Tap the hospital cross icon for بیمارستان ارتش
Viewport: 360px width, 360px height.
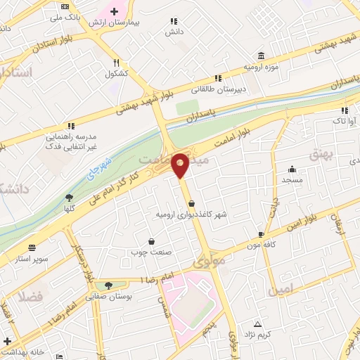[114, 11]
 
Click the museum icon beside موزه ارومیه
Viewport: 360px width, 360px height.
[262, 56]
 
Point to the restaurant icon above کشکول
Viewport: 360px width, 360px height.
[116, 62]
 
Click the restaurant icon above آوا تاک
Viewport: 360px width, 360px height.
[345, 110]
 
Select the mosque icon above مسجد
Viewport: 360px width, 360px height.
[292, 169]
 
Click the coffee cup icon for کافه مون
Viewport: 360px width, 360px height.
[262, 235]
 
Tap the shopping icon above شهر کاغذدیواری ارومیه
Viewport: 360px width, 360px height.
[191, 203]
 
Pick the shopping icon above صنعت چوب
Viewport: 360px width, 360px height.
[150, 240]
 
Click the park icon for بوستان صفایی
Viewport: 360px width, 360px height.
[108, 285]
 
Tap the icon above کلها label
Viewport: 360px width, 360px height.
[68, 198]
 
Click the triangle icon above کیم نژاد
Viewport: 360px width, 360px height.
[257, 324]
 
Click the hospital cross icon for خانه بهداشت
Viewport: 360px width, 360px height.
[7, 341]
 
